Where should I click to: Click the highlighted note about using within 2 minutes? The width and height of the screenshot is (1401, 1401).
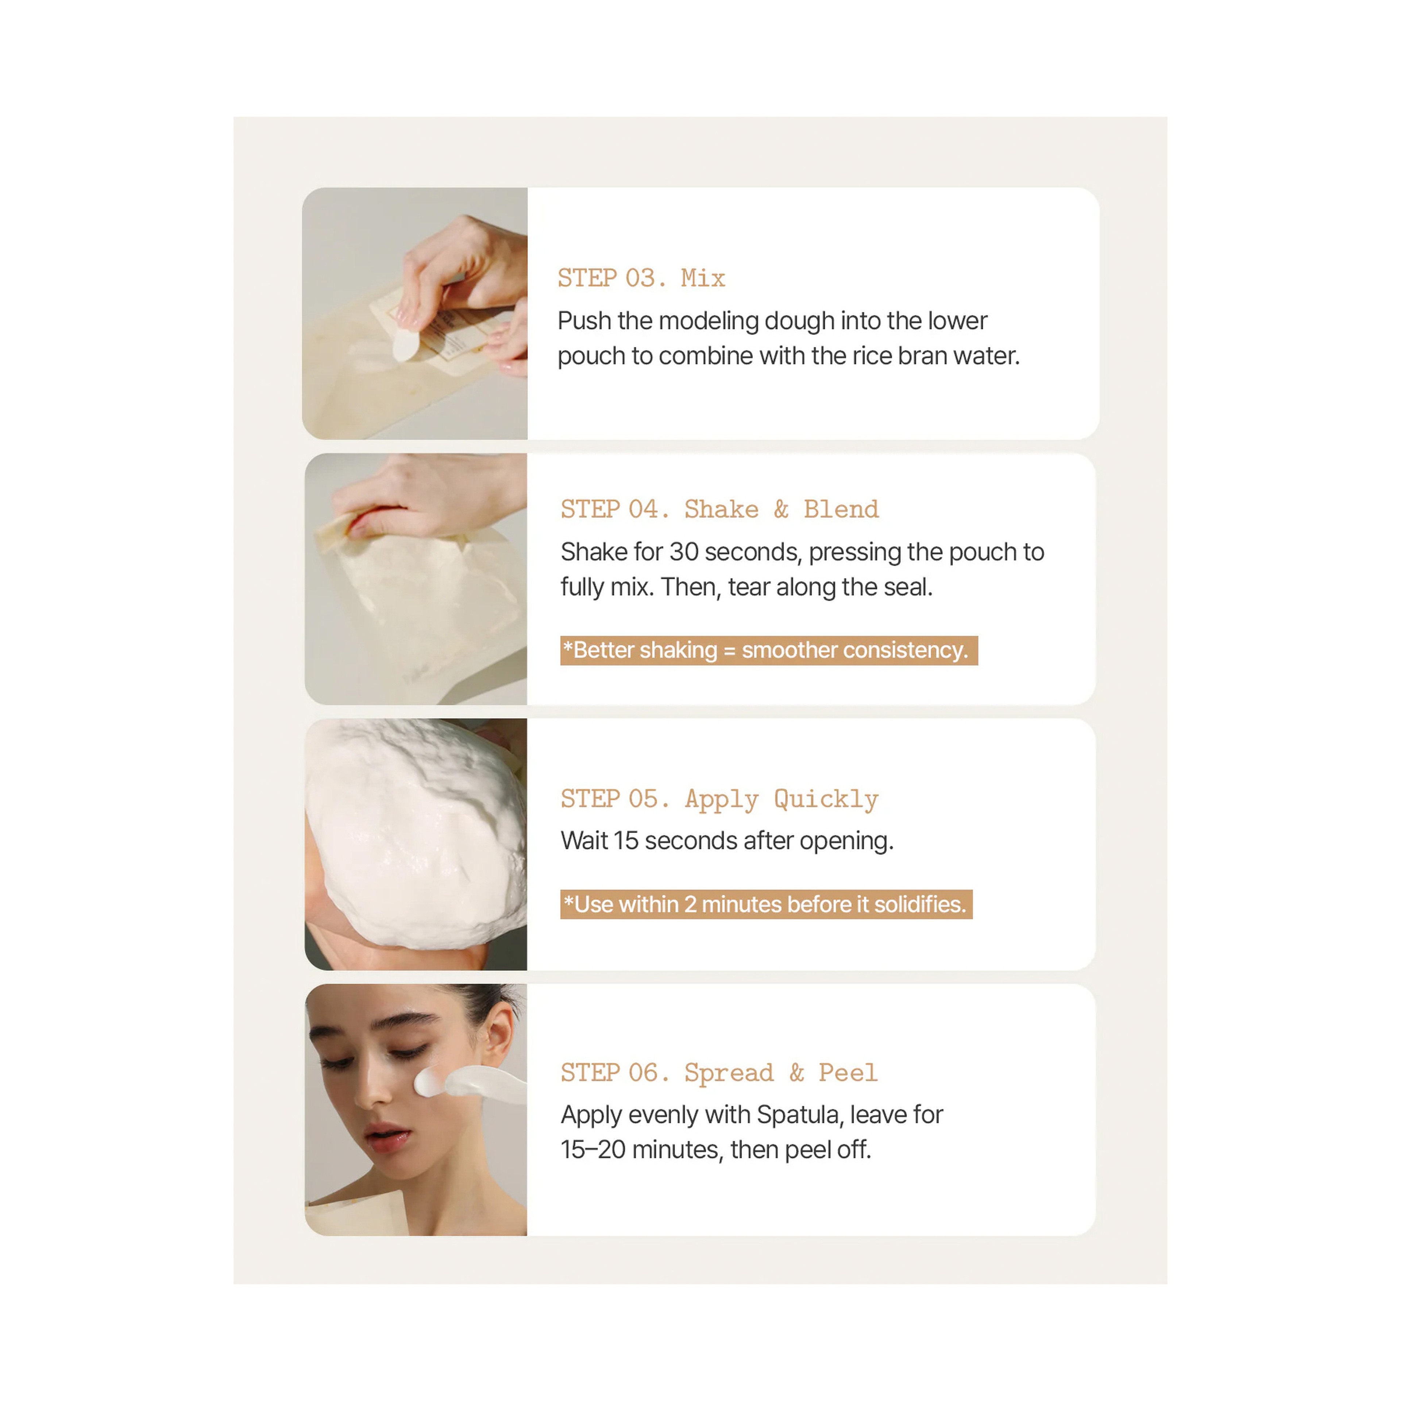766,904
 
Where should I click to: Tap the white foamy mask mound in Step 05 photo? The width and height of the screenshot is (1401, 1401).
417,834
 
